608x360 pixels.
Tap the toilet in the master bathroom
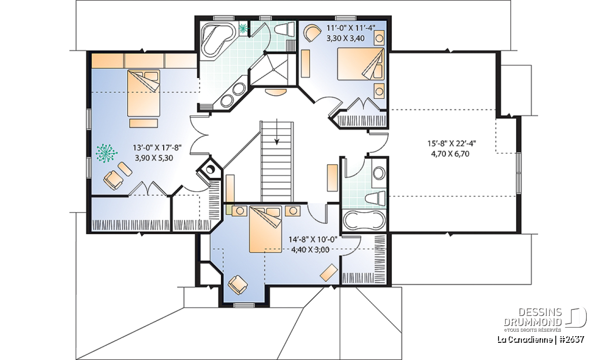coord(285,29)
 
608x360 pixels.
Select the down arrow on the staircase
coord(277,132)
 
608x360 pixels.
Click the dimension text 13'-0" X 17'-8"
coord(157,147)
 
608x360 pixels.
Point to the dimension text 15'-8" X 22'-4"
coord(452,143)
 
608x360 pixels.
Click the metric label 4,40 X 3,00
coord(310,249)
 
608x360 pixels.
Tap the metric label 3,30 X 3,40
coord(346,38)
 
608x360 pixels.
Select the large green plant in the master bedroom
coord(106,153)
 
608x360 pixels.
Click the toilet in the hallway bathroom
coord(375,198)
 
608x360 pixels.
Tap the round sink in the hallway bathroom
coord(379,173)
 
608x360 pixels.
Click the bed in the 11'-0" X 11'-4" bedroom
coord(361,64)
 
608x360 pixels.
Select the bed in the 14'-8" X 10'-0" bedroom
coord(265,229)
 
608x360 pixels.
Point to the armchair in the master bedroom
coord(113,180)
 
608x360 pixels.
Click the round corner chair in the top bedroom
coord(313,33)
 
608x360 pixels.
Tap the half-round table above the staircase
coord(275,92)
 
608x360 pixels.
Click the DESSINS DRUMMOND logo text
coord(533,316)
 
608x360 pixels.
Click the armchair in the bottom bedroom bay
coord(238,285)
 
